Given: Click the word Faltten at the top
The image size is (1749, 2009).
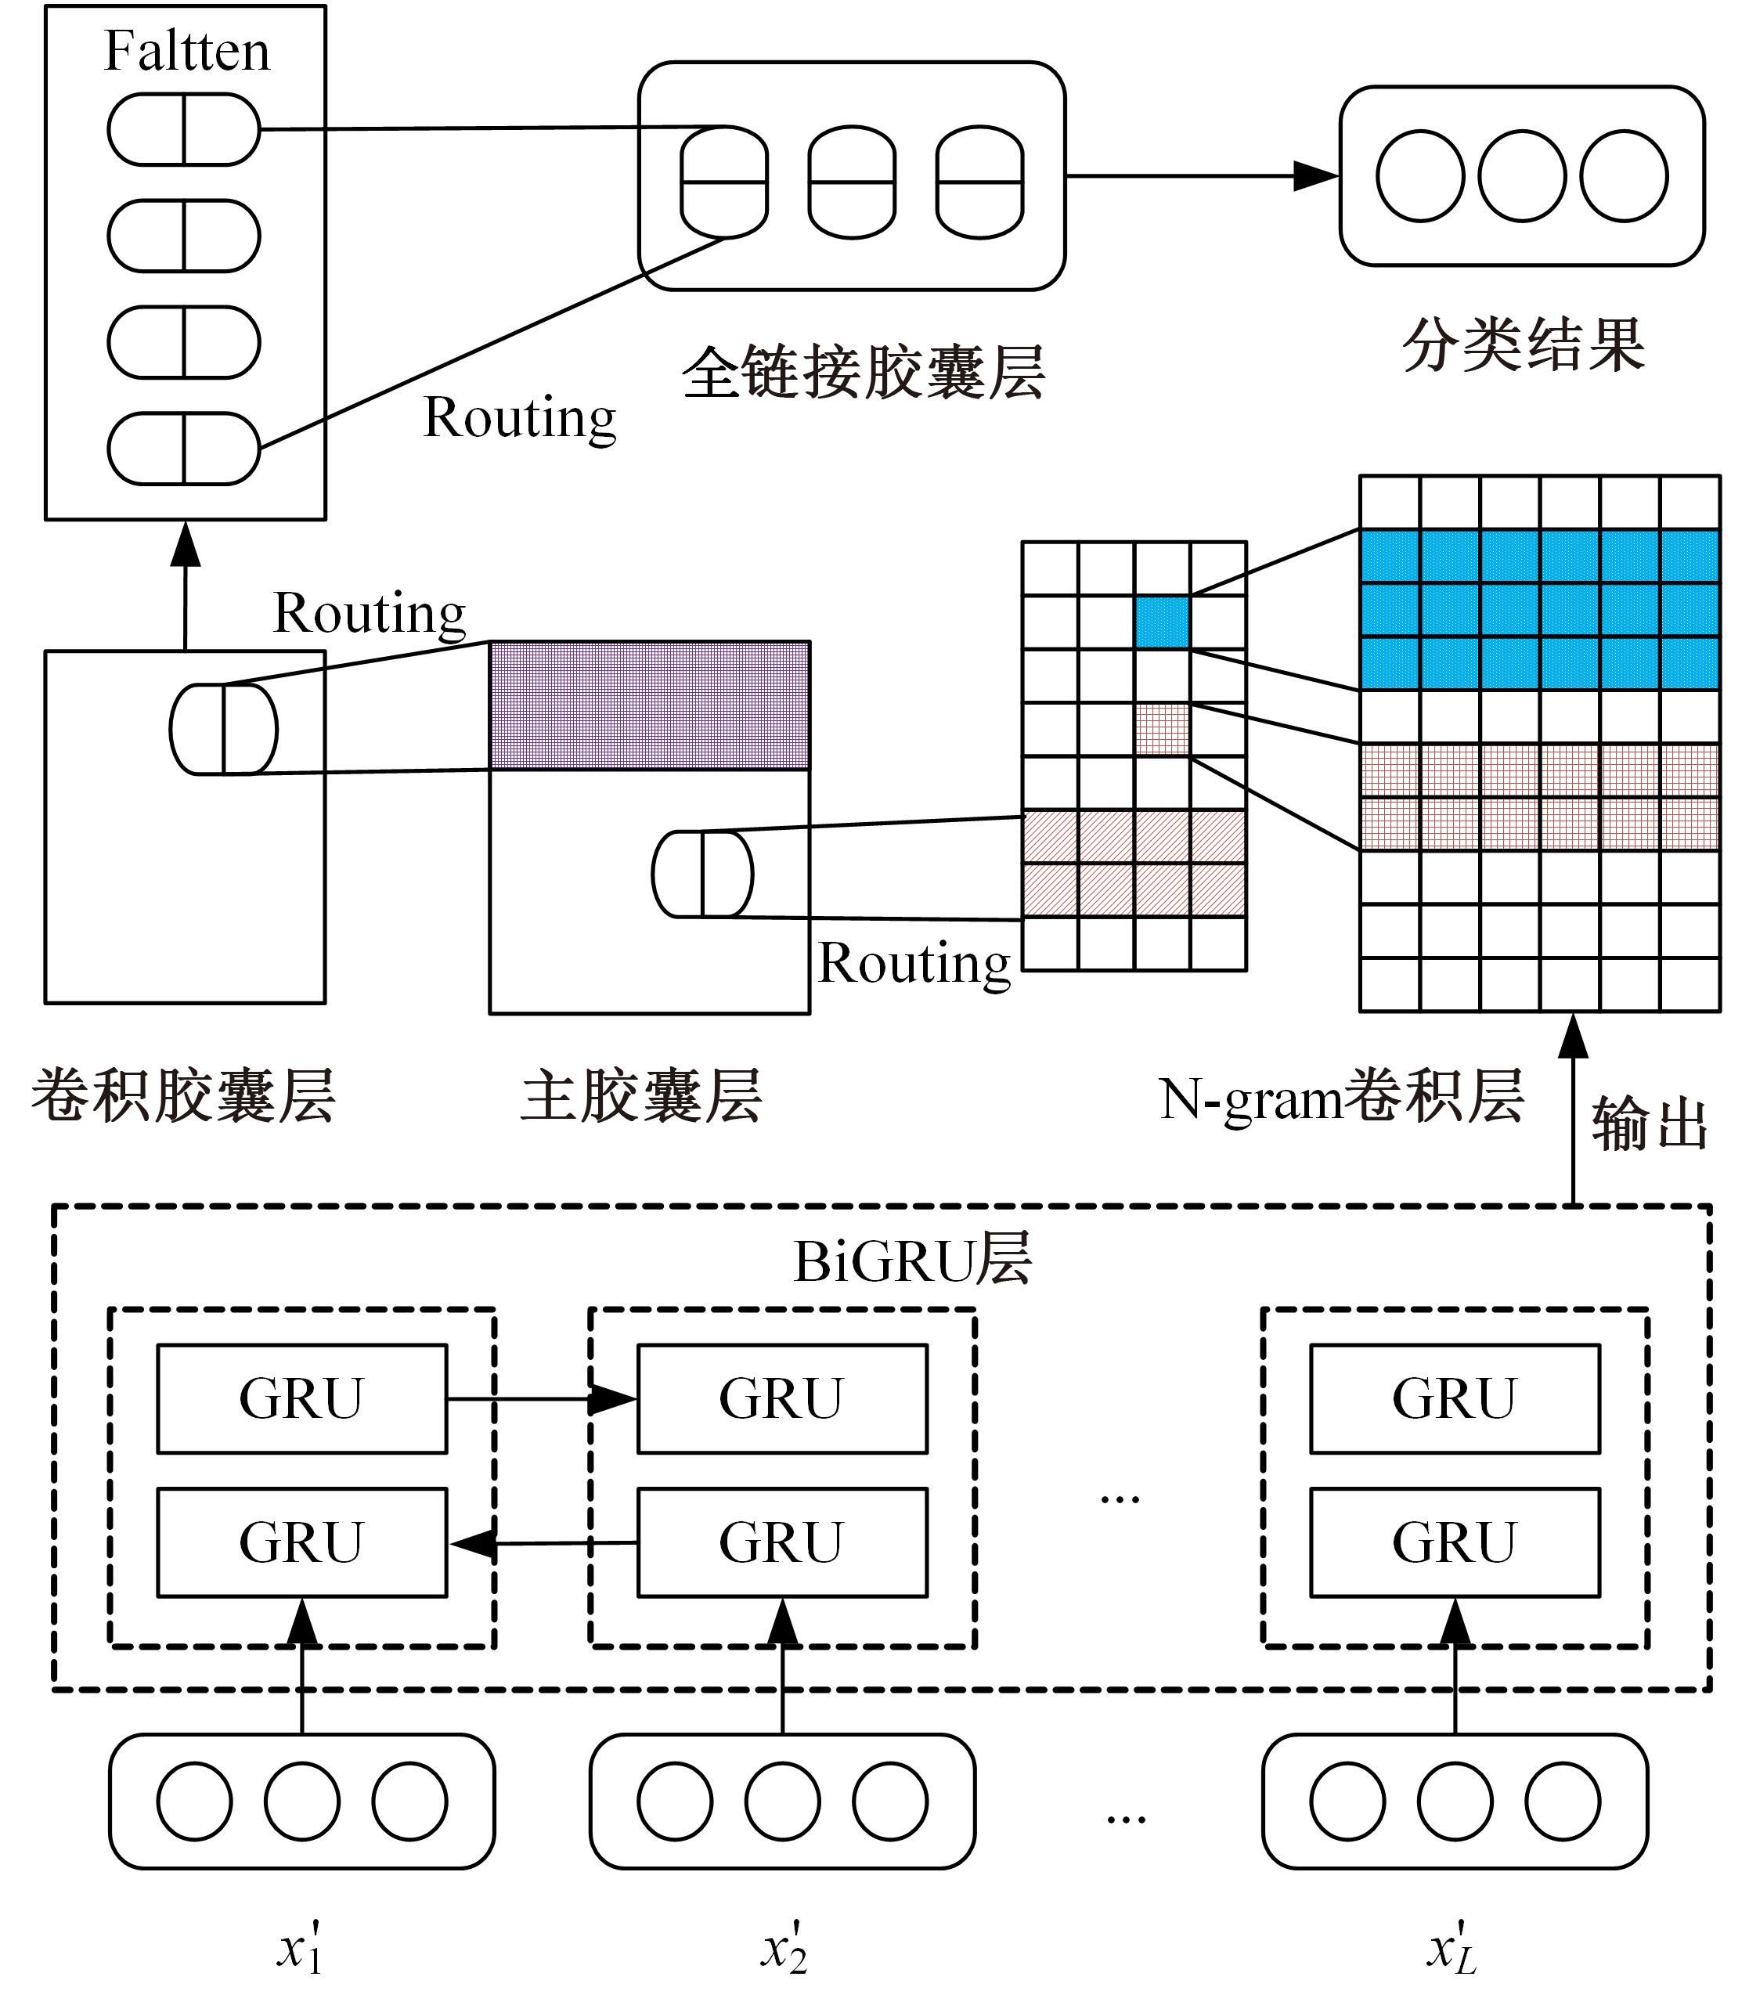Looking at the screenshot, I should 186,51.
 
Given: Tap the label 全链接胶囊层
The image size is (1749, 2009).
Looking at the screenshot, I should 863,373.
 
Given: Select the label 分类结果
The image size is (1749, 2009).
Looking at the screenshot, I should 1524,345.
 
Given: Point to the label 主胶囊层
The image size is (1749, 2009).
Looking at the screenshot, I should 641,1096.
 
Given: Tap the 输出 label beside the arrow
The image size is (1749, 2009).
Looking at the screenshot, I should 1649,1124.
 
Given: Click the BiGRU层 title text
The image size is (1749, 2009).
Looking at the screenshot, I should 913,1261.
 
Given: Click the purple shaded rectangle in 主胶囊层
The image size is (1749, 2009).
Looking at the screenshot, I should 649,705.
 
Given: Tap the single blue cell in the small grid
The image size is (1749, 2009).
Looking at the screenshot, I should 1163,622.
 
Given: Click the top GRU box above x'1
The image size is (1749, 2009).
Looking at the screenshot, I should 301,1399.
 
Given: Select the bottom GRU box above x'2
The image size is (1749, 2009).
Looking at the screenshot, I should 782,1542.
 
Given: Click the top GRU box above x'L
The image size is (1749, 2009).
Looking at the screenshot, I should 1455,1399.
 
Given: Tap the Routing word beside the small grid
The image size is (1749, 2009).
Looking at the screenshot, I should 914,964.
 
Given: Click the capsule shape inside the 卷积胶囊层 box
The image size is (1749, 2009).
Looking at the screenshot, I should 223,729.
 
